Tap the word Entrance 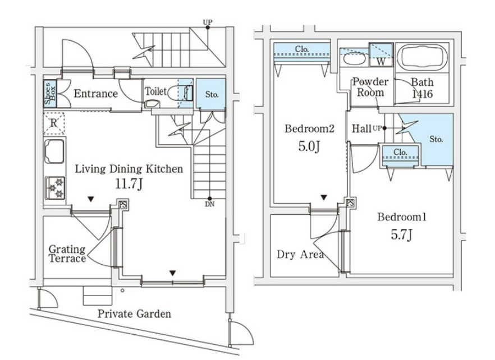click(95, 94)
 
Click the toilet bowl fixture click(150, 104)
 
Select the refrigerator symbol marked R click(54, 123)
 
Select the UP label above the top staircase click(208, 23)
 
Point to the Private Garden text click(134, 314)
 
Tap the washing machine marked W click(380, 60)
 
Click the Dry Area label click(300, 255)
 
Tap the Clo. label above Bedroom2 click(302, 49)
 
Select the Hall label click(361, 129)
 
